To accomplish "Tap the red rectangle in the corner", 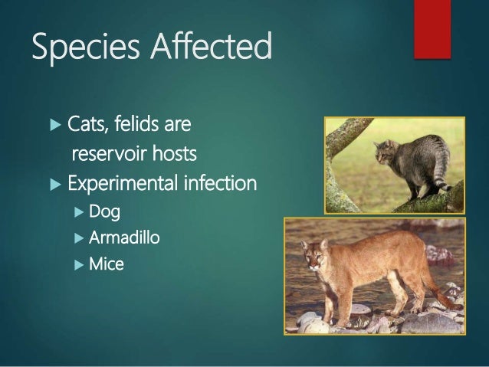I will [432, 28].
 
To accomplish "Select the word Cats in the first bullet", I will [87, 124].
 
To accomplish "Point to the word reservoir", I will [109, 155].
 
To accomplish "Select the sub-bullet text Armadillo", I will [124, 238].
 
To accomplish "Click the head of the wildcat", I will [382, 151].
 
